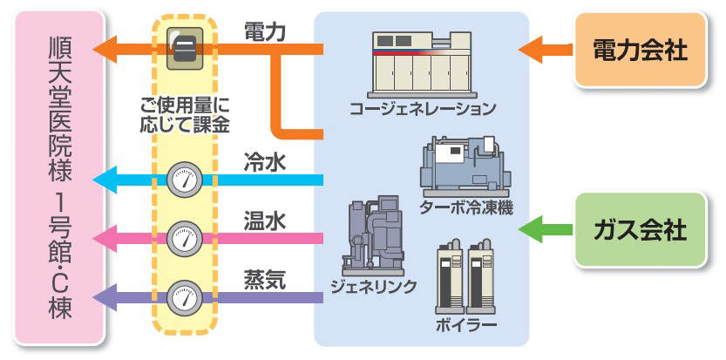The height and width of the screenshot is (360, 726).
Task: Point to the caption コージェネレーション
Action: pos(422,110)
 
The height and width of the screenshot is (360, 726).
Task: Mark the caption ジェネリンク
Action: pos(373,286)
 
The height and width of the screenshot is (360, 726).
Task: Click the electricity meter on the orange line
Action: pos(184,48)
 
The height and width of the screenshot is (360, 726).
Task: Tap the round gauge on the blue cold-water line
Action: pos(183,180)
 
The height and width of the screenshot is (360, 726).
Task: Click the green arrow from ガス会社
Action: pos(544,230)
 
